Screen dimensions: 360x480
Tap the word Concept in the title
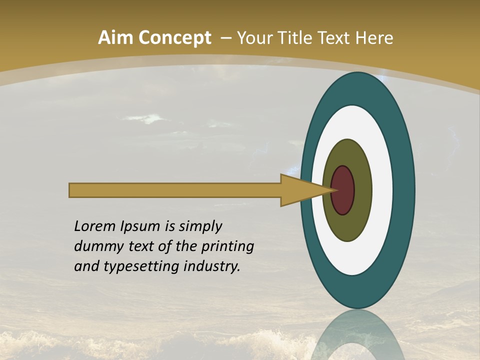[174, 38]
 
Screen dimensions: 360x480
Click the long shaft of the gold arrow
[175, 190]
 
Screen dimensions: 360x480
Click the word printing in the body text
[227, 247]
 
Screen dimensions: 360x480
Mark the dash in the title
[225, 38]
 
